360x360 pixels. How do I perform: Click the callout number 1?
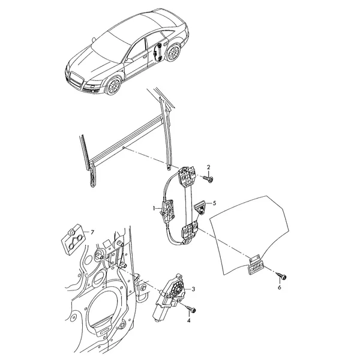[x=154, y=208]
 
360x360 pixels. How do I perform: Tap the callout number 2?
[x=208, y=167]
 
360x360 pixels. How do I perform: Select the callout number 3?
[x=193, y=289]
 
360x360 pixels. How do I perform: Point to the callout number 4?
[x=189, y=320]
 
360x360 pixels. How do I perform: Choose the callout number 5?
[x=214, y=203]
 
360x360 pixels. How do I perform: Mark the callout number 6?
[x=280, y=287]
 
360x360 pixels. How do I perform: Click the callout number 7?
[x=92, y=233]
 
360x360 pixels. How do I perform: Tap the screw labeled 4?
[x=191, y=309]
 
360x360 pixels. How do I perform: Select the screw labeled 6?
[x=281, y=276]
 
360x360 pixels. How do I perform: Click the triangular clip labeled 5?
[x=200, y=207]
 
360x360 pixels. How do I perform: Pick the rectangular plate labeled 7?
[x=73, y=239]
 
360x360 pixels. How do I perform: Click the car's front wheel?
[x=113, y=86]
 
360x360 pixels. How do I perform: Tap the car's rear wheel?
[x=173, y=53]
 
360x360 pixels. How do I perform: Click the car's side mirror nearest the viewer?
[x=128, y=61]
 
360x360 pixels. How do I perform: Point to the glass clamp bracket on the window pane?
[x=256, y=265]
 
